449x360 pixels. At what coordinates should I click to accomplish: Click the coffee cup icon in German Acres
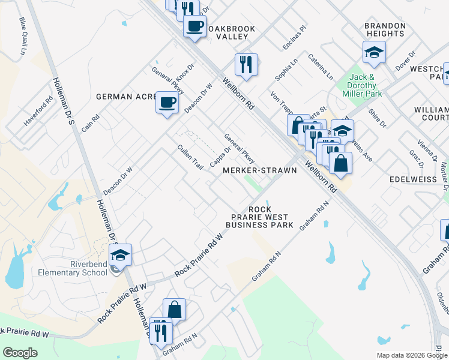167,101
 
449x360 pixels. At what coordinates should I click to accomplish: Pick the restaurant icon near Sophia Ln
246,64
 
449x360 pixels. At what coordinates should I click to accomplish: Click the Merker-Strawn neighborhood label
259,170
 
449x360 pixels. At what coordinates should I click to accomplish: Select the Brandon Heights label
385,30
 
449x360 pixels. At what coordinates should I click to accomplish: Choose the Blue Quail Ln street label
24,36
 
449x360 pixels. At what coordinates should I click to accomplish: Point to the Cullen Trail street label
189,156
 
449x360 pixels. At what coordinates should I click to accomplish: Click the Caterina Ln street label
321,67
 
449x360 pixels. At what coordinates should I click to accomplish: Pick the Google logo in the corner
20,352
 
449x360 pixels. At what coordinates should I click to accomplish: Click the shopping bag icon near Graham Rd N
174,310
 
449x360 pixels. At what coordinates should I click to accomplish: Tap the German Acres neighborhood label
125,97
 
